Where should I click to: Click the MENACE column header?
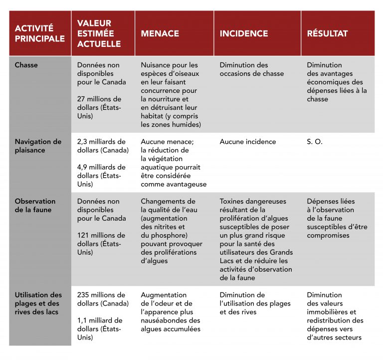tap(160, 33)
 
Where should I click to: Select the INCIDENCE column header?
tap(244, 33)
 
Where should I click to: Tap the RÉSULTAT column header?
tap(327, 33)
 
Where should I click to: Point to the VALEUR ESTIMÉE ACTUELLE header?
tap(99, 33)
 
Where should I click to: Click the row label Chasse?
tap(26, 65)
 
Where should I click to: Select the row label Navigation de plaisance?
tap(38, 146)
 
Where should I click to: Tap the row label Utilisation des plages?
tap(38, 304)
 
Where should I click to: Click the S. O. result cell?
tap(315, 142)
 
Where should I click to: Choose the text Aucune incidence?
tap(247, 142)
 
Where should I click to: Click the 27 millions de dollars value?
tap(99, 107)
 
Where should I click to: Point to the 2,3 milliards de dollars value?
tap(102, 146)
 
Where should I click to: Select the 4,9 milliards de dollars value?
tap(101, 176)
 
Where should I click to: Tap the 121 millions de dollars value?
tap(101, 244)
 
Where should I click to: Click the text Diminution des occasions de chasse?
tap(251, 69)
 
